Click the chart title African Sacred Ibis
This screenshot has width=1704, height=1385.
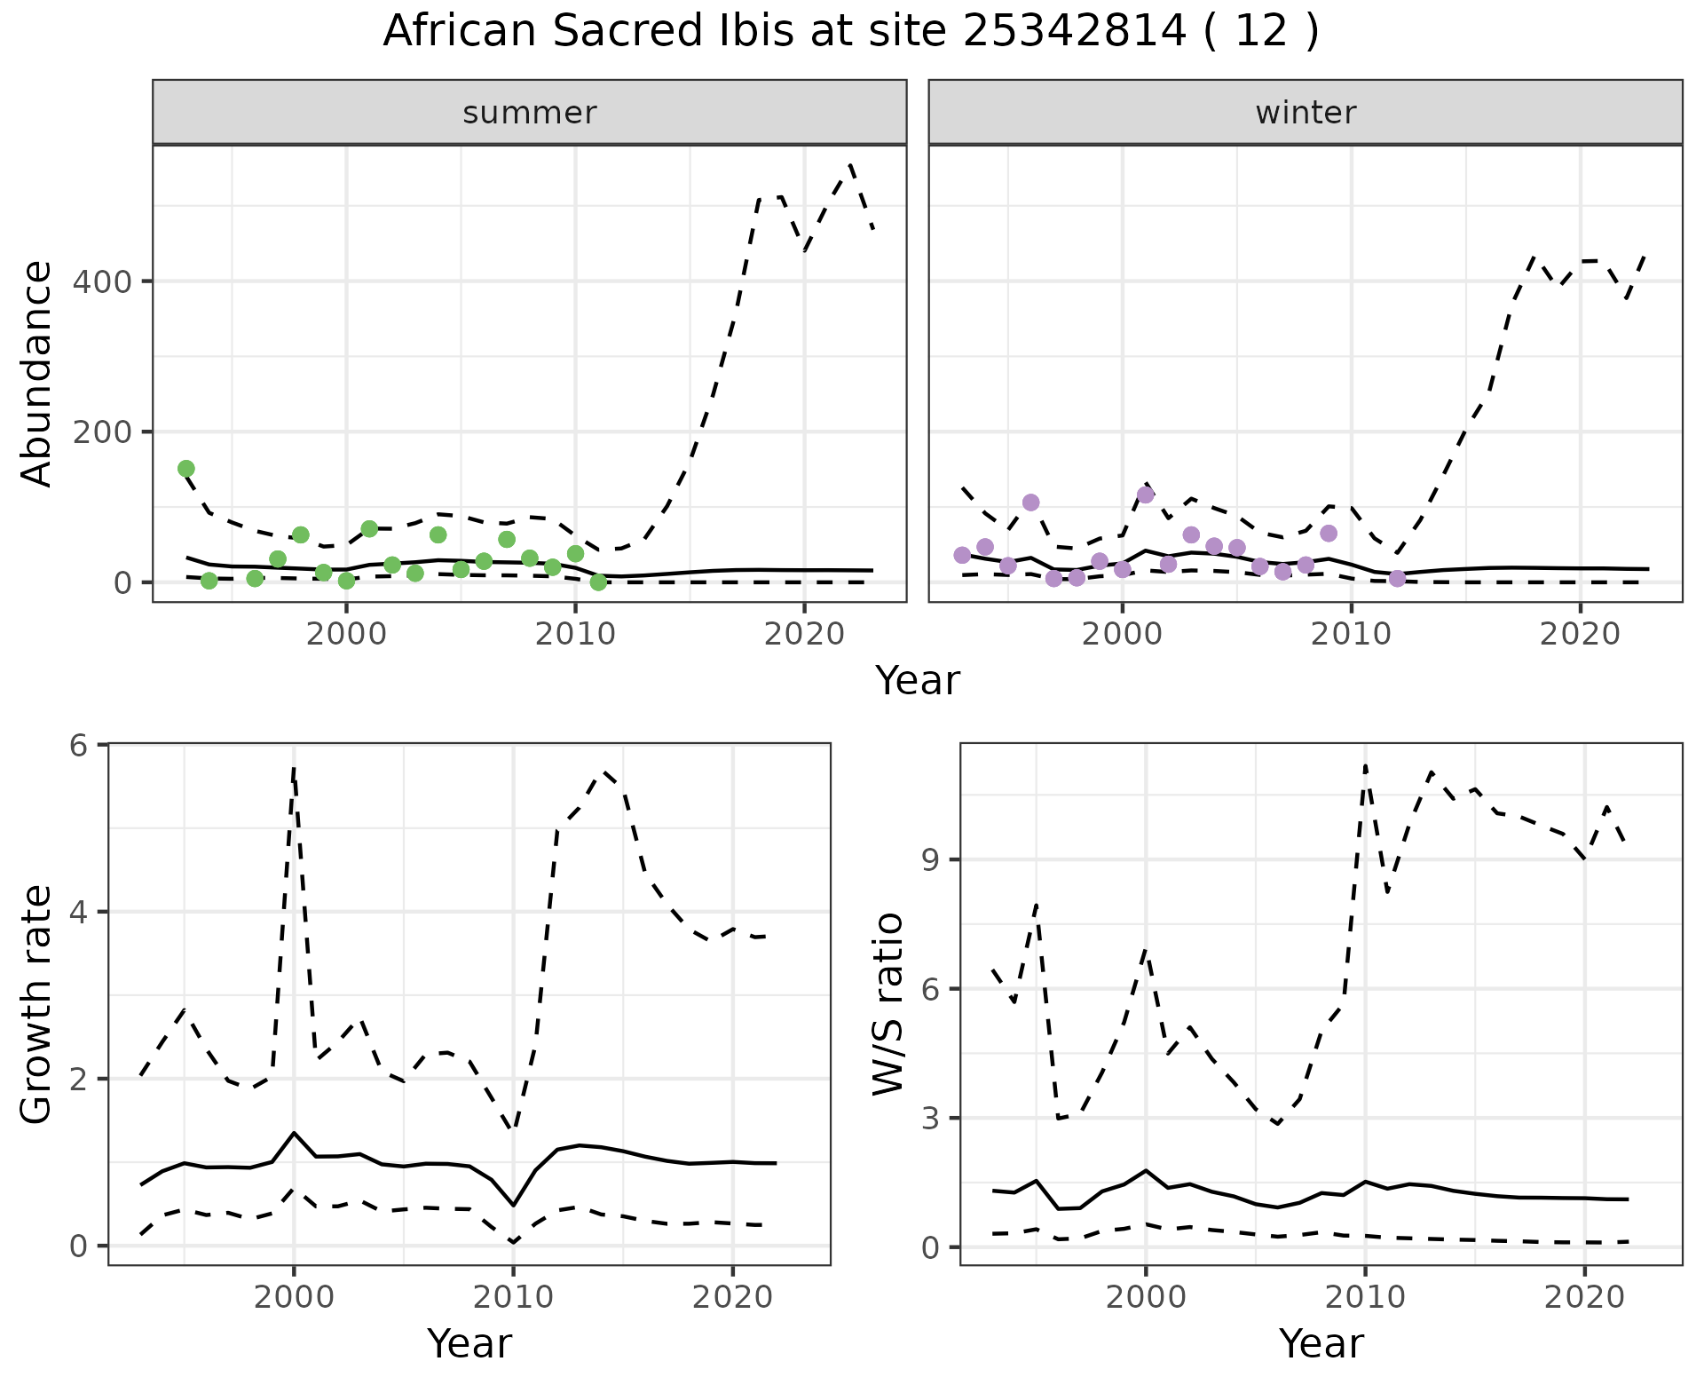click(850, 32)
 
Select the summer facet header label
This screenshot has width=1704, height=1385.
click(530, 113)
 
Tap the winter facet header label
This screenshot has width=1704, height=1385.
click(1306, 113)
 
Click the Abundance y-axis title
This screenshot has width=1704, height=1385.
click(37, 373)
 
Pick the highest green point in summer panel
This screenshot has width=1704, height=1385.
click(186, 469)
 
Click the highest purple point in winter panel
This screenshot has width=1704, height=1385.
click(1146, 495)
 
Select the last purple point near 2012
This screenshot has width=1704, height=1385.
click(1398, 579)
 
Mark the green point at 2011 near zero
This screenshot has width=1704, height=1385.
click(598, 582)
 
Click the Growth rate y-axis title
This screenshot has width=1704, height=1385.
click(37, 1005)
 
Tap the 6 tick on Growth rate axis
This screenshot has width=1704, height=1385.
click(78, 745)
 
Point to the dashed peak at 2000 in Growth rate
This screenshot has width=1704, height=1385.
click(294, 769)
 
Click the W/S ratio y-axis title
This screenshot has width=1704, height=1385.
click(888, 1005)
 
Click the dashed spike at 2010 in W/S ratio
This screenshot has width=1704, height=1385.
click(1365, 765)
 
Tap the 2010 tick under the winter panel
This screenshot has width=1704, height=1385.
click(1351, 636)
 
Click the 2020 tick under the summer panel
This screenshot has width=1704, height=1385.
click(803, 636)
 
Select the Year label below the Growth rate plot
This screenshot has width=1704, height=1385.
click(469, 1344)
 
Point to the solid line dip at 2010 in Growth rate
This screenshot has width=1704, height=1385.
click(513, 1205)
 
